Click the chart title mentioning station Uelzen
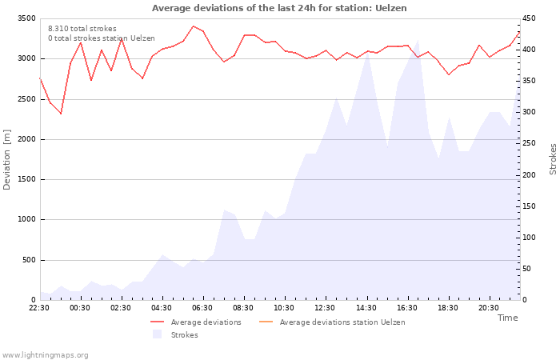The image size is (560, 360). point(279,8)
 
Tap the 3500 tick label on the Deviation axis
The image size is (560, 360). point(26,18)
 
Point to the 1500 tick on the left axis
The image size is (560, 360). point(26,179)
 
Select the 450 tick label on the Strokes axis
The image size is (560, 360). point(529,18)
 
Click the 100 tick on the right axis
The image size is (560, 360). point(529,238)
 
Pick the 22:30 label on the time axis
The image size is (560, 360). point(39,307)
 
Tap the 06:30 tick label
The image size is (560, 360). point(202,307)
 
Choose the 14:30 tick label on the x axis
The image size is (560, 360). point(366,307)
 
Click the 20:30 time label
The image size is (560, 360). point(489,307)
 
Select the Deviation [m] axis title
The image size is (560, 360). point(6,160)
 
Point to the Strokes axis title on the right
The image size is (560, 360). point(553,159)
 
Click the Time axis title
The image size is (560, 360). point(507,318)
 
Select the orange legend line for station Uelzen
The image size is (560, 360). point(266,322)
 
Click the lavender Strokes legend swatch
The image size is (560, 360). point(157,334)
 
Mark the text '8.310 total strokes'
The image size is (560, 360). point(82,29)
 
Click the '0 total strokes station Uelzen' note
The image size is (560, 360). point(102,38)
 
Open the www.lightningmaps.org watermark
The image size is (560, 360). point(45,355)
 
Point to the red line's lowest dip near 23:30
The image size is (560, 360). point(61,114)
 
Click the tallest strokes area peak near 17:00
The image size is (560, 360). point(418,40)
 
